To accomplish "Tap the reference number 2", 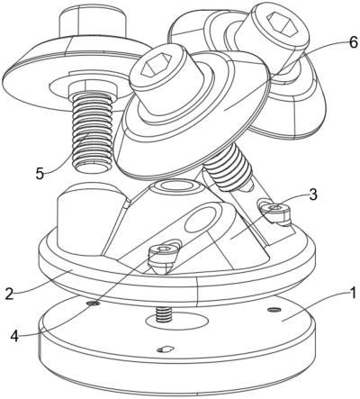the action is tap(10, 294).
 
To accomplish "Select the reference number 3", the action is tap(312, 195).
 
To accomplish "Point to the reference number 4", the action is tap(14, 336).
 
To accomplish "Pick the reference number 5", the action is tap(40, 174).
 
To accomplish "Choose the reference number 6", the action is tap(353, 42).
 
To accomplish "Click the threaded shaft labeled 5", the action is tap(92, 132).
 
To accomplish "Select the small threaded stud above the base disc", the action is tap(164, 314).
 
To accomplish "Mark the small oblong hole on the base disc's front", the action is tap(166, 349).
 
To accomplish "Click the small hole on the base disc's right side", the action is tap(274, 309).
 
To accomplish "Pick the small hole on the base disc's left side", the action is tap(93, 304).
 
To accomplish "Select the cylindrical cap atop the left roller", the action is tap(92, 23).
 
